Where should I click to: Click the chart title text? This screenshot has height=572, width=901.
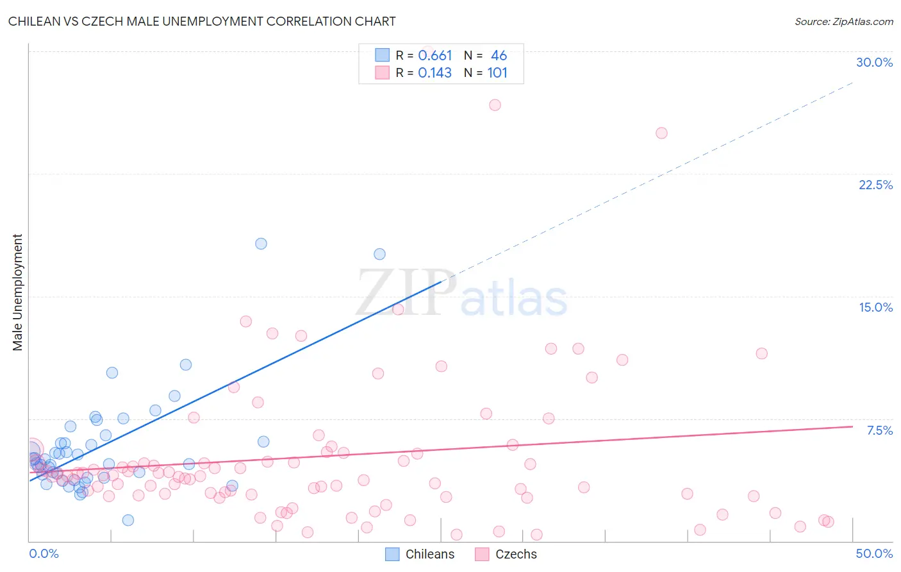pos(202,21)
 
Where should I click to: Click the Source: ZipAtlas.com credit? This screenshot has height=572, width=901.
pos(843,21)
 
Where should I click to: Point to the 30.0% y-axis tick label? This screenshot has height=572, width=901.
pos(874,62)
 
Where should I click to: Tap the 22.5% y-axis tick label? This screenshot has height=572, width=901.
pos(875,185)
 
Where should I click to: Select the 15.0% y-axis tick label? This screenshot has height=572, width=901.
pos(875,307)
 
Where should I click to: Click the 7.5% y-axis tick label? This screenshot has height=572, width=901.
pos(879,430)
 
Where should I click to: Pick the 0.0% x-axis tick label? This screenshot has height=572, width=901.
pos(44,553)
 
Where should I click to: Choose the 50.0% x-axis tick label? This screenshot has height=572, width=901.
pos(874,553)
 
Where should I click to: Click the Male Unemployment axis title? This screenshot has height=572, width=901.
pos(17,292)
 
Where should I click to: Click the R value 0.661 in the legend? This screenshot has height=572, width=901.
pos(435,56)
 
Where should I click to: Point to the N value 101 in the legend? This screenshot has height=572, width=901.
pos(497,73)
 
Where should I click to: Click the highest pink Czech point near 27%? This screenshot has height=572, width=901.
pos(495,105)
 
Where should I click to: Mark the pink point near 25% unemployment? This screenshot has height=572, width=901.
pos(661,133)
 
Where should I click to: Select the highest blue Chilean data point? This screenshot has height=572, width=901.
pos(261,244)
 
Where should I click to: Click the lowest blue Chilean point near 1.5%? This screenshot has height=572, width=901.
pos(128,520)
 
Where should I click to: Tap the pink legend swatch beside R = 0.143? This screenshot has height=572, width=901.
pos(383,72)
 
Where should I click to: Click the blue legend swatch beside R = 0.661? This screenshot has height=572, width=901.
pos(383,55)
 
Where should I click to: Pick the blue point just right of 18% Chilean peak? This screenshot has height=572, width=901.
pos(379,254)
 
